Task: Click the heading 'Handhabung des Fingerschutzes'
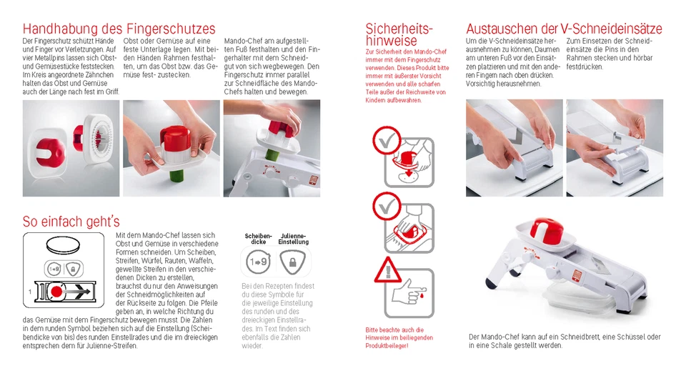coord(119,29)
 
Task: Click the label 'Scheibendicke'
coord(258,239)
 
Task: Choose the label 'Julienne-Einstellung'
coord(293,239)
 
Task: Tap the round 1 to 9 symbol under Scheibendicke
coord(258,263)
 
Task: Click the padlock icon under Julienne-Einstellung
coord(293,263)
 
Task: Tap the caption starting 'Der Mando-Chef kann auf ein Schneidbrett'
coord(564,340)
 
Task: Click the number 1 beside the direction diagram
coord(29,292)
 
